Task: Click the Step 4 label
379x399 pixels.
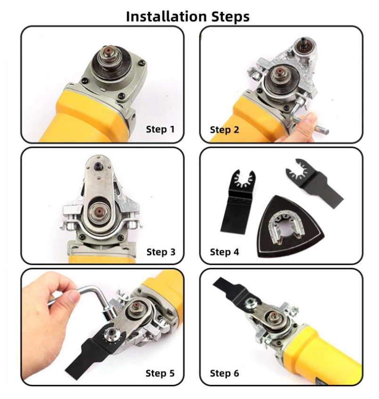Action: (224, 252)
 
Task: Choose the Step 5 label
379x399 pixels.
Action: (160, 373)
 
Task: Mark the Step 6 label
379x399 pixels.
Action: (224, 373)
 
